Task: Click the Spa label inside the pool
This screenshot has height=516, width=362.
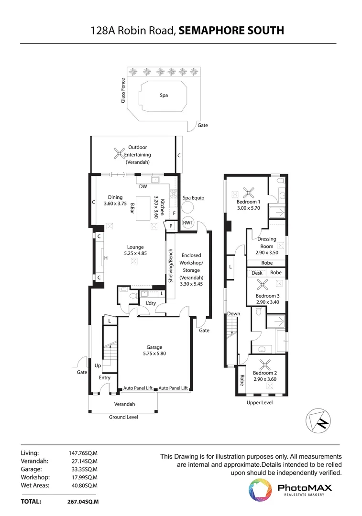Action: [x=164, y=95]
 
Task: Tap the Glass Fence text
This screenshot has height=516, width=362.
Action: [x=123, y=90]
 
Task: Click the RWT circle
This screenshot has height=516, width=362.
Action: [x=188, y=223]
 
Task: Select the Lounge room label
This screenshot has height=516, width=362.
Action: [x=135, y=247]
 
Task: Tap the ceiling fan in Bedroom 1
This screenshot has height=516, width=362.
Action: [x=249, y=193]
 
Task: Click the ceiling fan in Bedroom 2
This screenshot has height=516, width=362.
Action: [x=264, y=364]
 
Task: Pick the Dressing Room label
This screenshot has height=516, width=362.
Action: [x=266, y=242]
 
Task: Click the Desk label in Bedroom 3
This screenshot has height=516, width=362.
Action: [x=257, y=272]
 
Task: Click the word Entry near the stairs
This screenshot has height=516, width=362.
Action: [x=105, y=377]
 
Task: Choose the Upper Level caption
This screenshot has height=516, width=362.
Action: [x=260, y=402]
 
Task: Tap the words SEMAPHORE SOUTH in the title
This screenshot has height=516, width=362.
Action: [x=231, y=31]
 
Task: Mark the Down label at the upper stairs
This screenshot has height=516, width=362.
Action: [x=233, y=314]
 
